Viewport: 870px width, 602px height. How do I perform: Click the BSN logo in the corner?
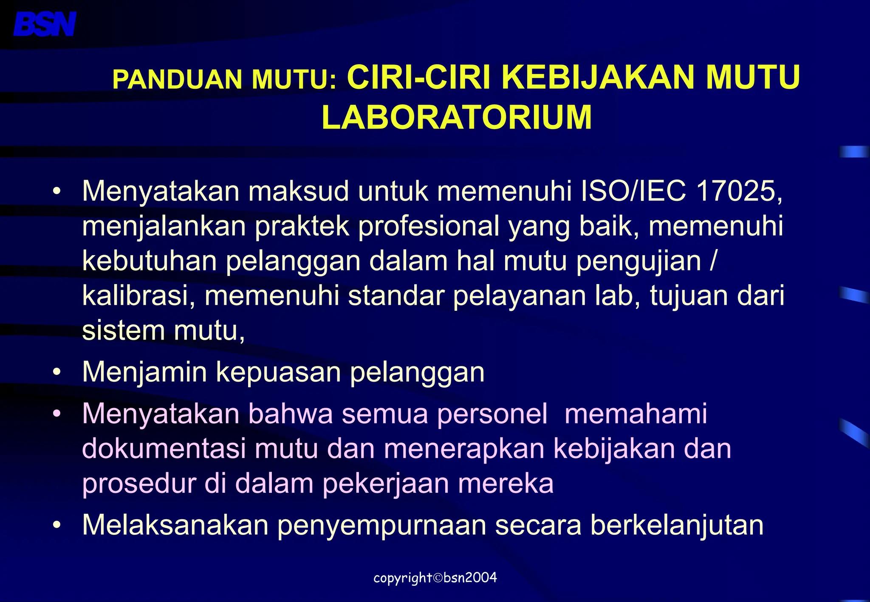pyautogui.click(x=45, y=24)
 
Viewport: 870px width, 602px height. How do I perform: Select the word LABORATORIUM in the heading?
pyautogui.click(x=457, y=117)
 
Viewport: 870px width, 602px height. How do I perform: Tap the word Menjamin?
pyautogui.click(x=144, y=372)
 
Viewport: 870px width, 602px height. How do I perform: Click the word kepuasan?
pyautogui.click(x=278, y=373)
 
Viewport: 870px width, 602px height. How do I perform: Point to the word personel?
pyautogui.click(x=492, y=414)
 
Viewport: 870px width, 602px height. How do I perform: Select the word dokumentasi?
pyautogui.click(x=164, y=449)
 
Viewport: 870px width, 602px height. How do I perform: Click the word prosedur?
pyautogui.click(x=139, y=484)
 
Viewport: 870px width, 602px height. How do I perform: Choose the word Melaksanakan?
pyautogui.click(x=175, y=525)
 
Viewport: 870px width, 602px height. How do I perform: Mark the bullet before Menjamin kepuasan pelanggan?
pyautogui.click(x=57, y=372)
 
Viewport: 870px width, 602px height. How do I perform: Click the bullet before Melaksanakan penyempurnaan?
pyautogui.click(x=57, y=525)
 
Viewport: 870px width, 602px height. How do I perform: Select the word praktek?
pyautogui.click(x=302, y=226)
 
